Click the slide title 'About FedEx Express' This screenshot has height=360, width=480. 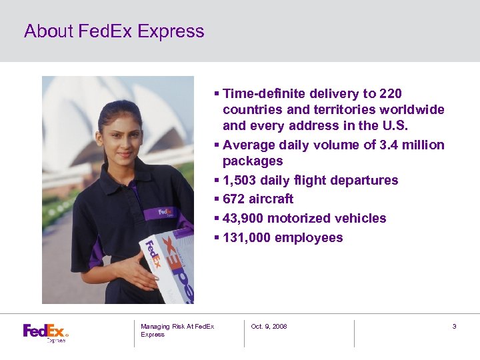click(114, 31)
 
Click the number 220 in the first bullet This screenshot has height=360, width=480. click(389, 94)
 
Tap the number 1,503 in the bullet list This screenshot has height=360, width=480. click(241, 180)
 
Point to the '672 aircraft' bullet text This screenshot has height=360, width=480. click(258, 199)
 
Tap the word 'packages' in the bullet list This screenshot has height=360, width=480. click(253, 161)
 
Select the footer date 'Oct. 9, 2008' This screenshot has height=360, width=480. click(269, 327)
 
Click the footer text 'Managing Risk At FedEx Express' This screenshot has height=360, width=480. click(177, 330)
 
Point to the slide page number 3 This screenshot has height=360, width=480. click(454, 327)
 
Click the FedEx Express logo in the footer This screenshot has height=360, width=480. click(45, 332)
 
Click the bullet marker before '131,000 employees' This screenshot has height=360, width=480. click(217, 237)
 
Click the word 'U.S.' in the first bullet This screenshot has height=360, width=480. click(400, 126)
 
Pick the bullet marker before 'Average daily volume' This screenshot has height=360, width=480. click(217, 145)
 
